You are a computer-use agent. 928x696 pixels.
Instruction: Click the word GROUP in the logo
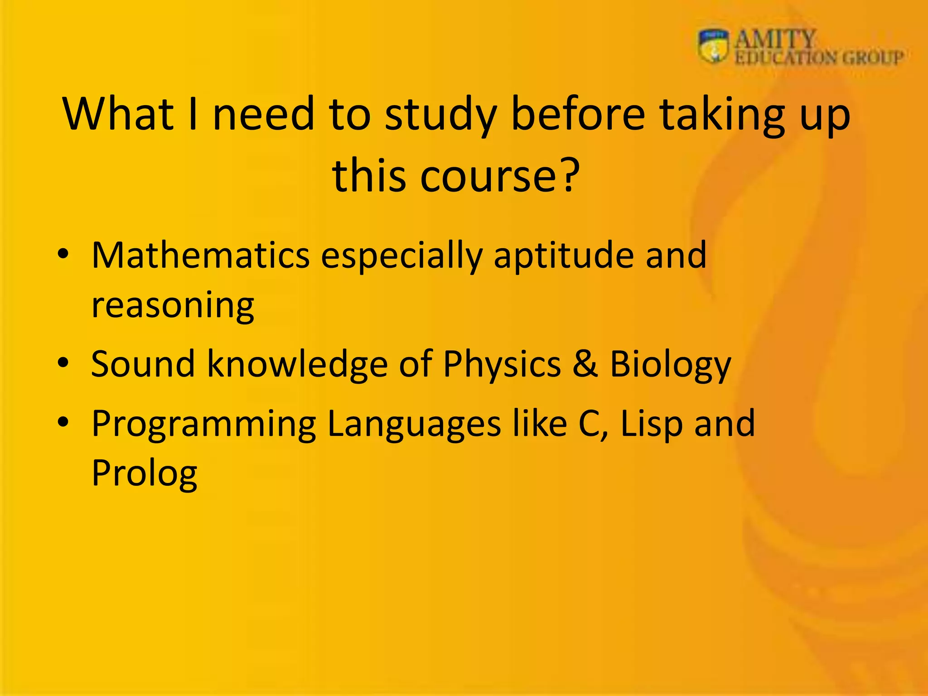(873, 58)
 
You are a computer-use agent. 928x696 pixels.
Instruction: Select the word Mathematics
(200, 255)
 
